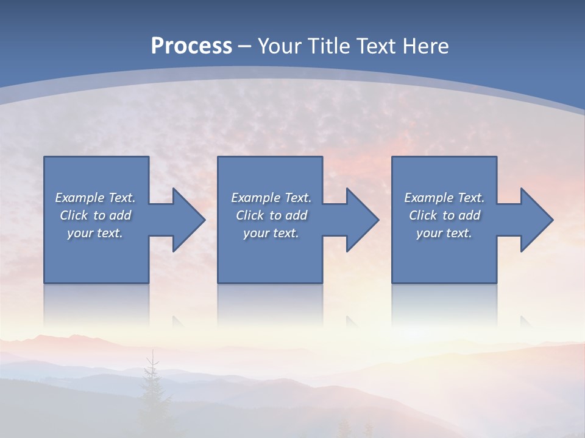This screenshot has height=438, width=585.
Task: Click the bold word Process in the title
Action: (x=191, y=46)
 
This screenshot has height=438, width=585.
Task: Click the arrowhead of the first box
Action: (x=188, y=220)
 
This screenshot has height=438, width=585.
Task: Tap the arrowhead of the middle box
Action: (x=362, y=220)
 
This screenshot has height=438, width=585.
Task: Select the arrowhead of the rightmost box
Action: (x=536, y=220)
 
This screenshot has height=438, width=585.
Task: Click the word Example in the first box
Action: (x=79, y=198)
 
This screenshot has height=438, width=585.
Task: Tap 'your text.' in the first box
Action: (x=95, y=233)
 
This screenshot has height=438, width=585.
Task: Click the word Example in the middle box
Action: (x=255, y=198)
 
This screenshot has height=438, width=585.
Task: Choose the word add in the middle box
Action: (x=296, y=215)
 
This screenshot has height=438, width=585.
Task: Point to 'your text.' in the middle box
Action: (x=271, y=233)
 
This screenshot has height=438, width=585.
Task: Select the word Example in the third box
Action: (x=428, y=198)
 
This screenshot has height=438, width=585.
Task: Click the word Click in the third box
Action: (x=423, y=215)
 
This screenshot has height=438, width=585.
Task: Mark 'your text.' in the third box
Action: (x=444, y=233)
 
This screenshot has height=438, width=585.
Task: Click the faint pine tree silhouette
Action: (x=152, y=389)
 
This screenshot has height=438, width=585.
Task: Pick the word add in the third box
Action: (x=469, y=215)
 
